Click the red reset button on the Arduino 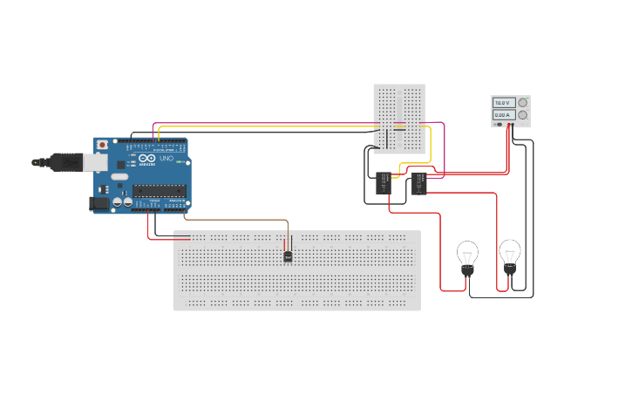pyautogui.click(x=102, y=144)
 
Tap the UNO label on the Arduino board pyautogui.click(x=166, y=158)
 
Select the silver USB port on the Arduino pyautogui.click(x=95, y=162)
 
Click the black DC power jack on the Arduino pyautogui.click(x=99, y=203)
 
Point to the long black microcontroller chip pyautogui.click(x=159, y=190)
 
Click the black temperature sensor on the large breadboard pyautogui.click(x=288, y=256)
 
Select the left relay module pyautogui.click(x=384, y=183)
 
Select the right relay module pyautogui.click(x=419, y=183)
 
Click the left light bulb pyautogui.click(x=467, y=255)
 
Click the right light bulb pyautogui.click(x=510, y=254)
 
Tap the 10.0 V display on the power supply pyautogui.click(x=504, y=103)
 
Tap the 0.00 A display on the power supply pyautogui.click(x=504, y=115)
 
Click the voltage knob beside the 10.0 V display pyautogui.click(x=523, y=103)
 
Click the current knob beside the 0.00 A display pyautogui.click(x=523, y=115)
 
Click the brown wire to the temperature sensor pyautogui.click(x=235, y=220)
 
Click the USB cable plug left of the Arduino pyautogui.click(x=65, y=162)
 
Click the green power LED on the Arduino pyautogui.click(x=179, y=162)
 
